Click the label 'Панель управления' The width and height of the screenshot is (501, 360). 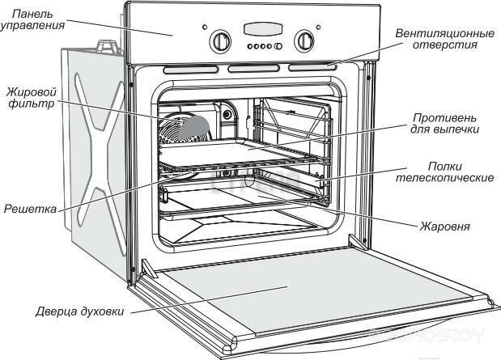coord(32,19)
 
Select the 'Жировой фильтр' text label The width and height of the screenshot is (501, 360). coord(29,97)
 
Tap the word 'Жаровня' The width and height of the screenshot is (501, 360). coord(444,227)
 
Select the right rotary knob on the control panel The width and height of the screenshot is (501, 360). coord(304,40)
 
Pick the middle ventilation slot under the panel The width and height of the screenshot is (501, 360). coord(253,69)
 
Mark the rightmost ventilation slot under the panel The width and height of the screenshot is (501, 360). coord(312,67)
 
